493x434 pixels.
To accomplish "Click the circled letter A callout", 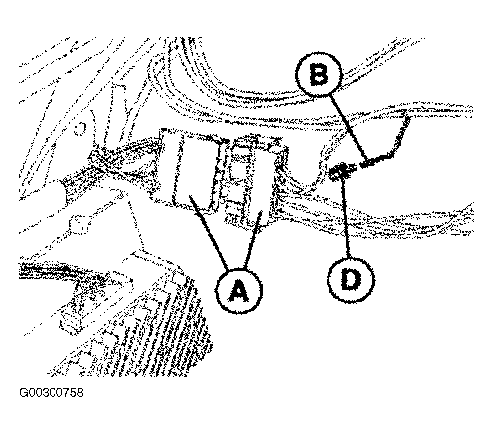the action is coord(239,290).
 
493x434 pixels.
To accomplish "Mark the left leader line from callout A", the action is coord(208,232).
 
